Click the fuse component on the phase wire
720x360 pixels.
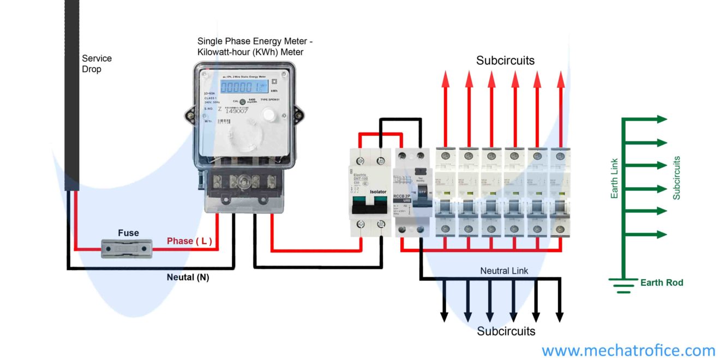pos(127,249)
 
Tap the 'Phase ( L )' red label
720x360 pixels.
pos(189,241)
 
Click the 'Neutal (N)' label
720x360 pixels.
pos(188,278)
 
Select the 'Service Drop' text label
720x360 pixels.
pos(97,64)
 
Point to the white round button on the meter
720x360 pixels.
pos(269,114)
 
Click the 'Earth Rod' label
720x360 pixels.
pos(662,283)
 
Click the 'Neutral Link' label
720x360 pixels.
pos(504,271)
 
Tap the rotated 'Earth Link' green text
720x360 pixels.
pos(614,178)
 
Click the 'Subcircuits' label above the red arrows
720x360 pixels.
pos(505,61)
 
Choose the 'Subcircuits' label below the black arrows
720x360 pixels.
pos(506,331)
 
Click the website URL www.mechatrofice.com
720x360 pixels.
pos(628,350)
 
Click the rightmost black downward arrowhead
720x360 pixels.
pos(559,316)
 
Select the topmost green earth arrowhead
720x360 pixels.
pos(662,119)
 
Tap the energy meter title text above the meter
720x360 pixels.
pos(255,46)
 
